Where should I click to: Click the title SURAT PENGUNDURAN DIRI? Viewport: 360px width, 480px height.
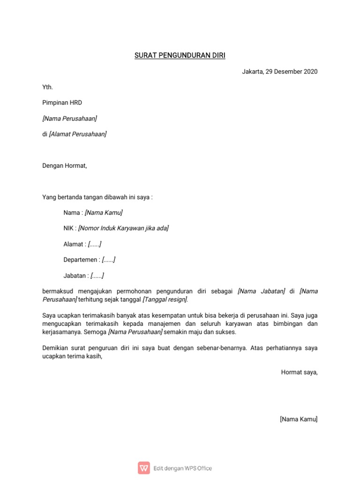click(x=180, y=56)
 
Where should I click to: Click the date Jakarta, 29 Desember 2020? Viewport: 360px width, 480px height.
click(x=279, y=72)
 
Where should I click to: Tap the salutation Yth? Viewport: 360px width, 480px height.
click(x=48, y=87)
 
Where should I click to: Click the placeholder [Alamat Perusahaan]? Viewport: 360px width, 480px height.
click(x=78, y=134)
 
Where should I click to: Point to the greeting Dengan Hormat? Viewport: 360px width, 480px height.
click(x=65, y=165)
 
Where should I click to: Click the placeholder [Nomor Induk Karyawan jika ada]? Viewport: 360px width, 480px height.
click(x=123, y=228)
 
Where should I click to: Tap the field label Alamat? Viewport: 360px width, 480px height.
click(x=73, y=244)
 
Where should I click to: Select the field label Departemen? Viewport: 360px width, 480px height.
click(x=80, y=260)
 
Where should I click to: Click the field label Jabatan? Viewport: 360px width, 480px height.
click(x=75, y=276)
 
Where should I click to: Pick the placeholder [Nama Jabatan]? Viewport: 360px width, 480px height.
click(x=261, y=291)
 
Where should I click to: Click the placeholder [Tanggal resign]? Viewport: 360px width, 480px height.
click(x=165, y=300)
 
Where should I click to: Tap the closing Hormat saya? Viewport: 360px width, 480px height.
click(x=299, y=372)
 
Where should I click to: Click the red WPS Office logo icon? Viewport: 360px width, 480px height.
click(x=144, y=468)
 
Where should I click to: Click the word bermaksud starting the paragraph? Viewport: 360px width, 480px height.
click(x=58, y=291)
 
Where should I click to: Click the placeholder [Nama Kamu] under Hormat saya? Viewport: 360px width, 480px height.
click(x=299, y=419)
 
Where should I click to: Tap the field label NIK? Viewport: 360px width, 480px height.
click(x=69, y=228)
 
